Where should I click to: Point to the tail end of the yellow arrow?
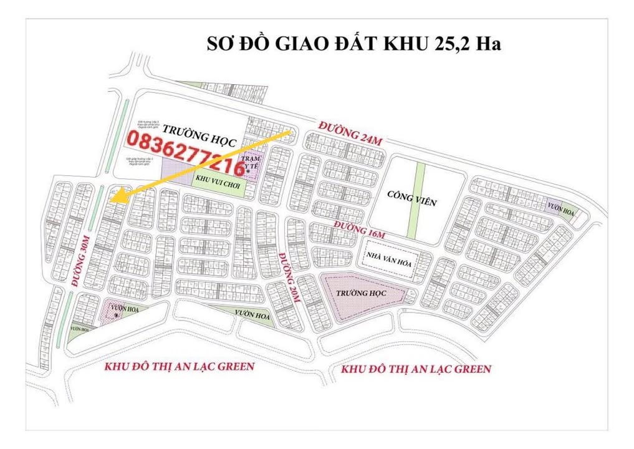tap(292, 133)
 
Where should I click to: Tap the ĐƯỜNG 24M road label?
tap(350, 134)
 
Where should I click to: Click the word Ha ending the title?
tap(490, 45)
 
